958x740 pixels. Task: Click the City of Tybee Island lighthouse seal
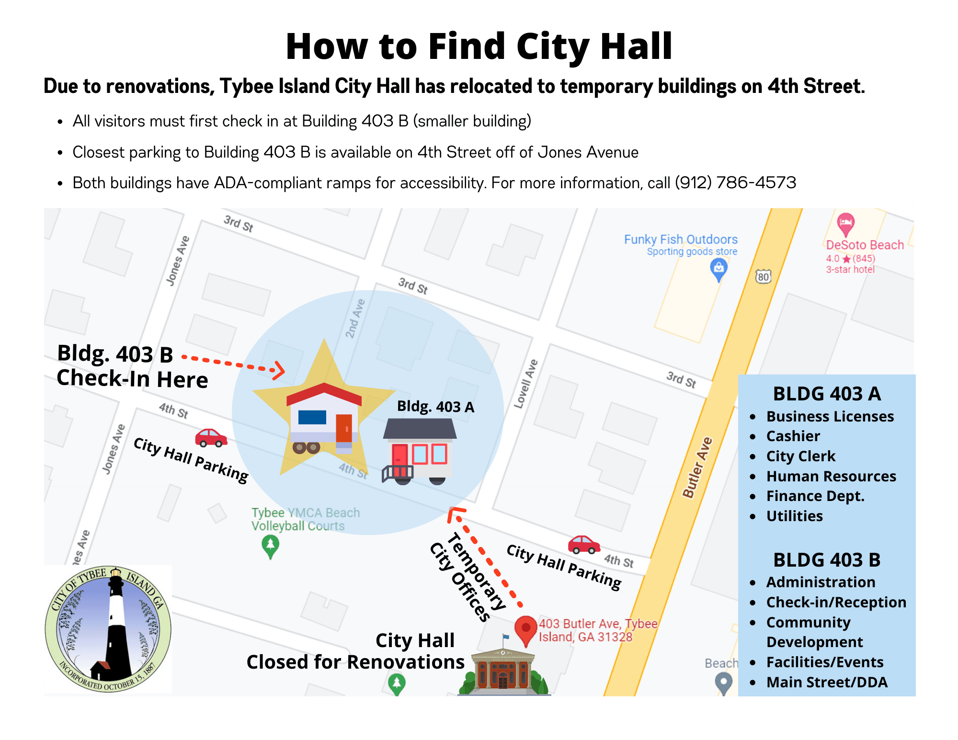coord(108,629)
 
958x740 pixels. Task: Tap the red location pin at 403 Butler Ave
coord(525,629)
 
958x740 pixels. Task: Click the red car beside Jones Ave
coord(210,437)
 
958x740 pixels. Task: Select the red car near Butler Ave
coord(583,545)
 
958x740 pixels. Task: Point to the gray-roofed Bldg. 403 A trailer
coord(419,450)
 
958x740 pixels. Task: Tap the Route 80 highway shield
coord(763,276)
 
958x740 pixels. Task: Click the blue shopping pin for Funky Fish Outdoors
coord(718,269)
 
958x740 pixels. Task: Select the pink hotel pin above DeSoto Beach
coord(846,224)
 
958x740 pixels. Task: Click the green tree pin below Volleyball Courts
coord(271,546)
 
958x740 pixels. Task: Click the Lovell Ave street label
coord(526,384)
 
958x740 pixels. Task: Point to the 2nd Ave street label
coord(355,319)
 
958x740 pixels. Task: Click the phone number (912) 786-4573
coord(735,182)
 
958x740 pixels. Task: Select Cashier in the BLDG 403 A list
coord(793,436)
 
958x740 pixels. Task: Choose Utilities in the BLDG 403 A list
coord(794,516)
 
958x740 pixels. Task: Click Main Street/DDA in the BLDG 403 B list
coord(827,682)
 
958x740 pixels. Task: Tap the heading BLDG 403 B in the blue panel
coord(827,559)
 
